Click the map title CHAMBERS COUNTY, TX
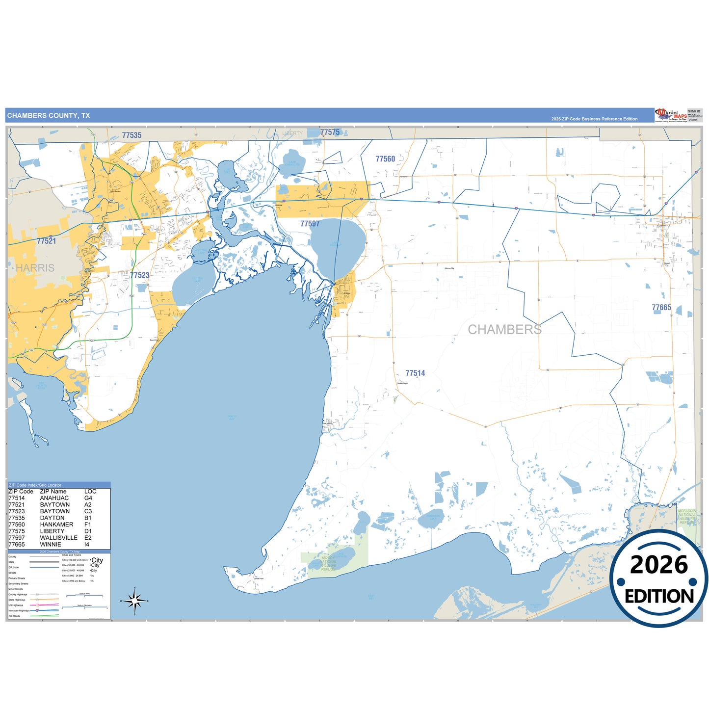tap(49, 116)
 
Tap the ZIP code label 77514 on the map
tap(415, 373)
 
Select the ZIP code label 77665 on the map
tap(661, 308)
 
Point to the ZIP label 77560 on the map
tap(385, 159)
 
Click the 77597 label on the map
tap(310, 224)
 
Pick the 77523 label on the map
tap(139, 275)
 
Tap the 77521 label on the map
tap(46, 241)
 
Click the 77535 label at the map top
tap(131, 135)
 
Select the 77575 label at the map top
tap(330, 132)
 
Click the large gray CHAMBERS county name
tap(505, 330)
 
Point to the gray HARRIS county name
tap(35, 268)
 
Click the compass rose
tap(134, 601)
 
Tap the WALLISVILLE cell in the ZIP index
tap(58, 538)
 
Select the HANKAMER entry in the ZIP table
tap(56, 525)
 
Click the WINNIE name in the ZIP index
tap(51, 545)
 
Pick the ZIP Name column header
tap(53, 491)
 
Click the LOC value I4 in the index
tap(87, 545)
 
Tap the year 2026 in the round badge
tap(659, 565)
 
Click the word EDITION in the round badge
tap(659, 596)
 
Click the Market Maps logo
tap(671, 115)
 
